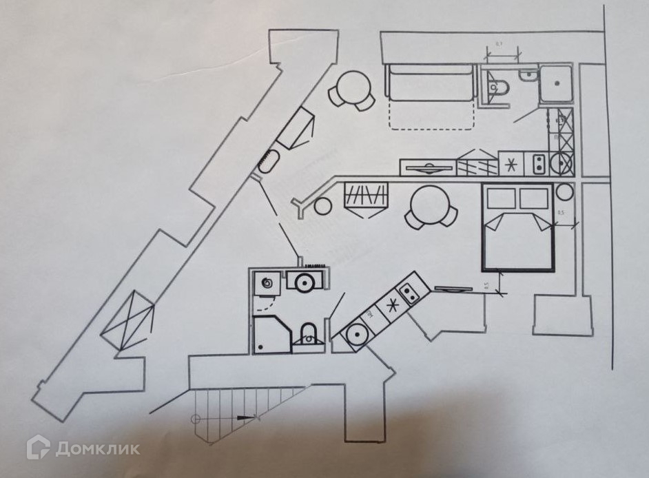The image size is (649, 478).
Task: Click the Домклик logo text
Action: pyautogui.click(x=96, y=448)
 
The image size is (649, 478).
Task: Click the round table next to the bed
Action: pyautogui.click(x=431, y=205)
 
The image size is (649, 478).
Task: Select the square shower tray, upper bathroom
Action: pyautogui.click(x=557, y=84)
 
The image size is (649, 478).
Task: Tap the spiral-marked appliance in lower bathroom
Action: pyautogui.click(x=267, y=282)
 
